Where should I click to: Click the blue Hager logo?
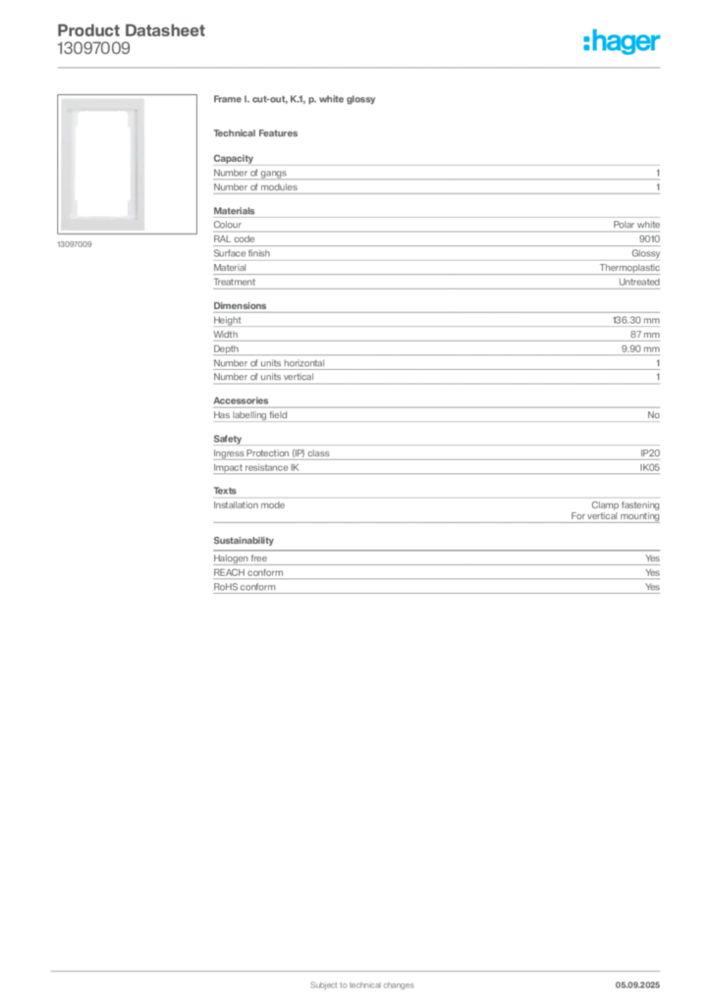pos(623,42)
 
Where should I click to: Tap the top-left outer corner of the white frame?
pos(62,99)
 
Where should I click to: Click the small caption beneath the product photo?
pos(75,244)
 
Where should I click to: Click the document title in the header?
pos(133,31)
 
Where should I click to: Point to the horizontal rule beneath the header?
pos(360,67)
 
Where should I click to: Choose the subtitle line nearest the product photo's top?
pos(295,101)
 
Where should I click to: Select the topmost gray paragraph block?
pos(435,176)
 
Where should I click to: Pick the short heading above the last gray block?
pos(244,541)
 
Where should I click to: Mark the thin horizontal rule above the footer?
pos(360,967)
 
